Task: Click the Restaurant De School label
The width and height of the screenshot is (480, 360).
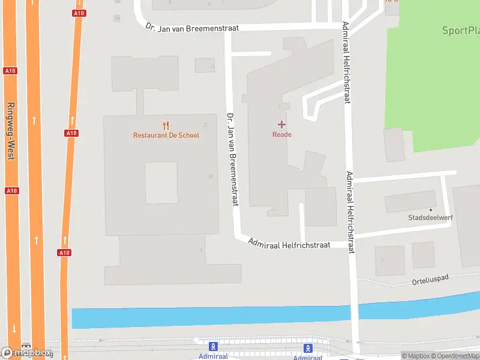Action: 166,135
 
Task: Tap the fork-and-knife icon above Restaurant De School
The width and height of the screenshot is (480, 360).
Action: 166,125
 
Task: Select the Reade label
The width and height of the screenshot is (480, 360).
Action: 282,134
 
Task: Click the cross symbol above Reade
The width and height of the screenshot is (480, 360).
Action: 281,124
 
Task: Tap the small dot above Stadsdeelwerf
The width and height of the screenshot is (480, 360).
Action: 430,209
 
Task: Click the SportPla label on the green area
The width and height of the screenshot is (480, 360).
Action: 460,31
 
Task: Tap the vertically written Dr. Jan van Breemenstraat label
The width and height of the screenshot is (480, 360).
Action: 233,159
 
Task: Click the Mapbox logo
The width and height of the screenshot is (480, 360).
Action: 27,352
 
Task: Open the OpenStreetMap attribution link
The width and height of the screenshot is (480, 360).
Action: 454,356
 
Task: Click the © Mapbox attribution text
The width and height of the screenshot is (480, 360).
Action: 415,356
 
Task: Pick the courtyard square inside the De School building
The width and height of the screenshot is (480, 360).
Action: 161,182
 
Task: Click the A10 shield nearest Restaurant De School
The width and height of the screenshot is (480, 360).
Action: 71,133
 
